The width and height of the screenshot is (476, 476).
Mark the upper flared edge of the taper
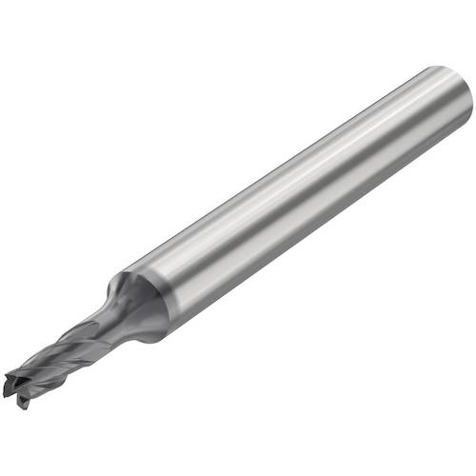tap(122, 278)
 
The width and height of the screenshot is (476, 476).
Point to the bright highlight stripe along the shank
tap(286, 176)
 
